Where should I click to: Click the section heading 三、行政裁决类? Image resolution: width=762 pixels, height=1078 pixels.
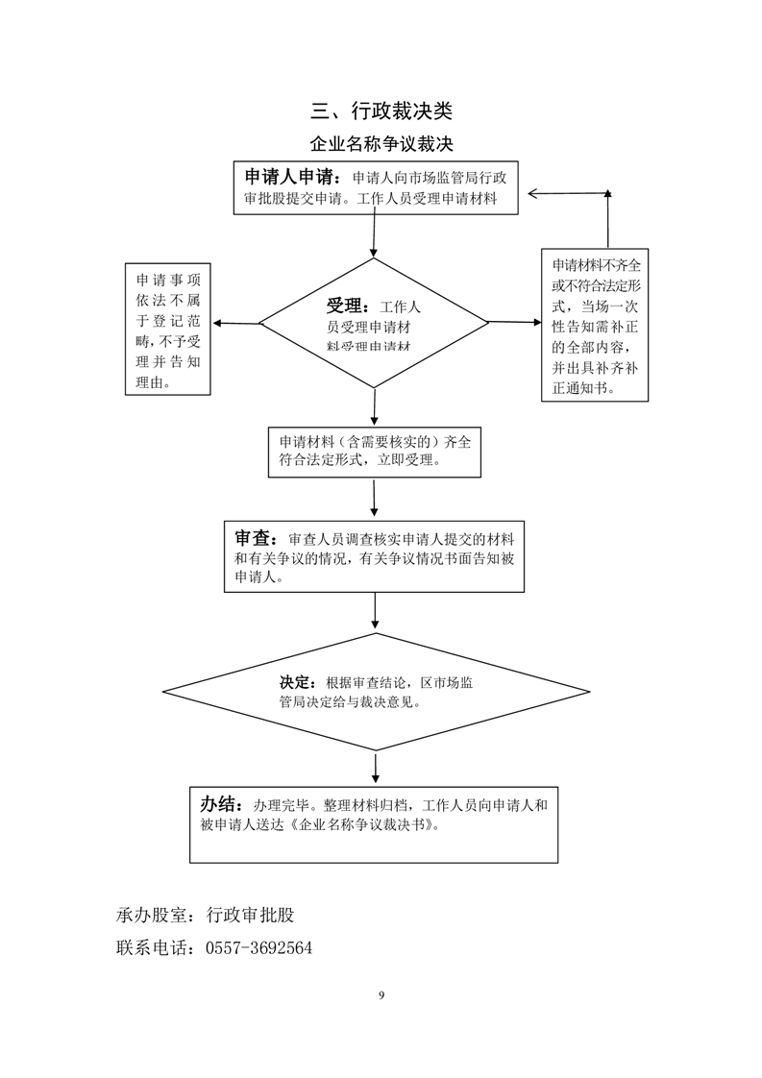[381, 111]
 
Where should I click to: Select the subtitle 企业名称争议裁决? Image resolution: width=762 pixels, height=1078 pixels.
[381, 144]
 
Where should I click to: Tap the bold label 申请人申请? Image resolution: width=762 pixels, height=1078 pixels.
[288, 178]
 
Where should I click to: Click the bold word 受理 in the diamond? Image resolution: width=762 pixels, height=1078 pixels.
[347, 306]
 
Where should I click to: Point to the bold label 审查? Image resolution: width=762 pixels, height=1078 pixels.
[256, 537]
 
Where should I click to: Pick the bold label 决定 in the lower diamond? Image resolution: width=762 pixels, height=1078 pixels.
[297, 681]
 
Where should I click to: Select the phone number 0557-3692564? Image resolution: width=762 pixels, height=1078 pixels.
[258, 948]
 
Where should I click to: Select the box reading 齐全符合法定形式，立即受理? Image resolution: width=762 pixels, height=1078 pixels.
[375, 451]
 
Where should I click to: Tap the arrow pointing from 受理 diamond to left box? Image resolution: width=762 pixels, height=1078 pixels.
[236, 323]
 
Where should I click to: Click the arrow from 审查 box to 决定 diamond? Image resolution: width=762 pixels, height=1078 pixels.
[375, 612]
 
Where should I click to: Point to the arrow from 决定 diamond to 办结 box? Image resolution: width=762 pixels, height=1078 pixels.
[375, 768]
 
